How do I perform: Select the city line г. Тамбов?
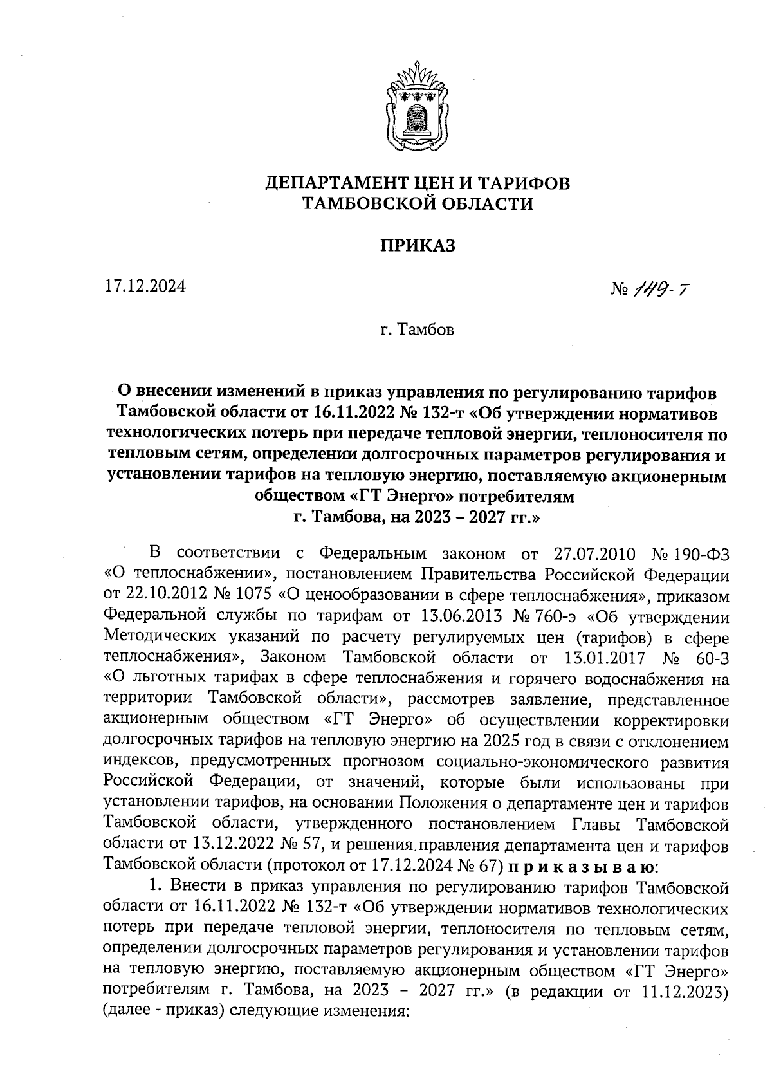[417, 330]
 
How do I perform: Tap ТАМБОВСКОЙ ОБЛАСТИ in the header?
[418, 204]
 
